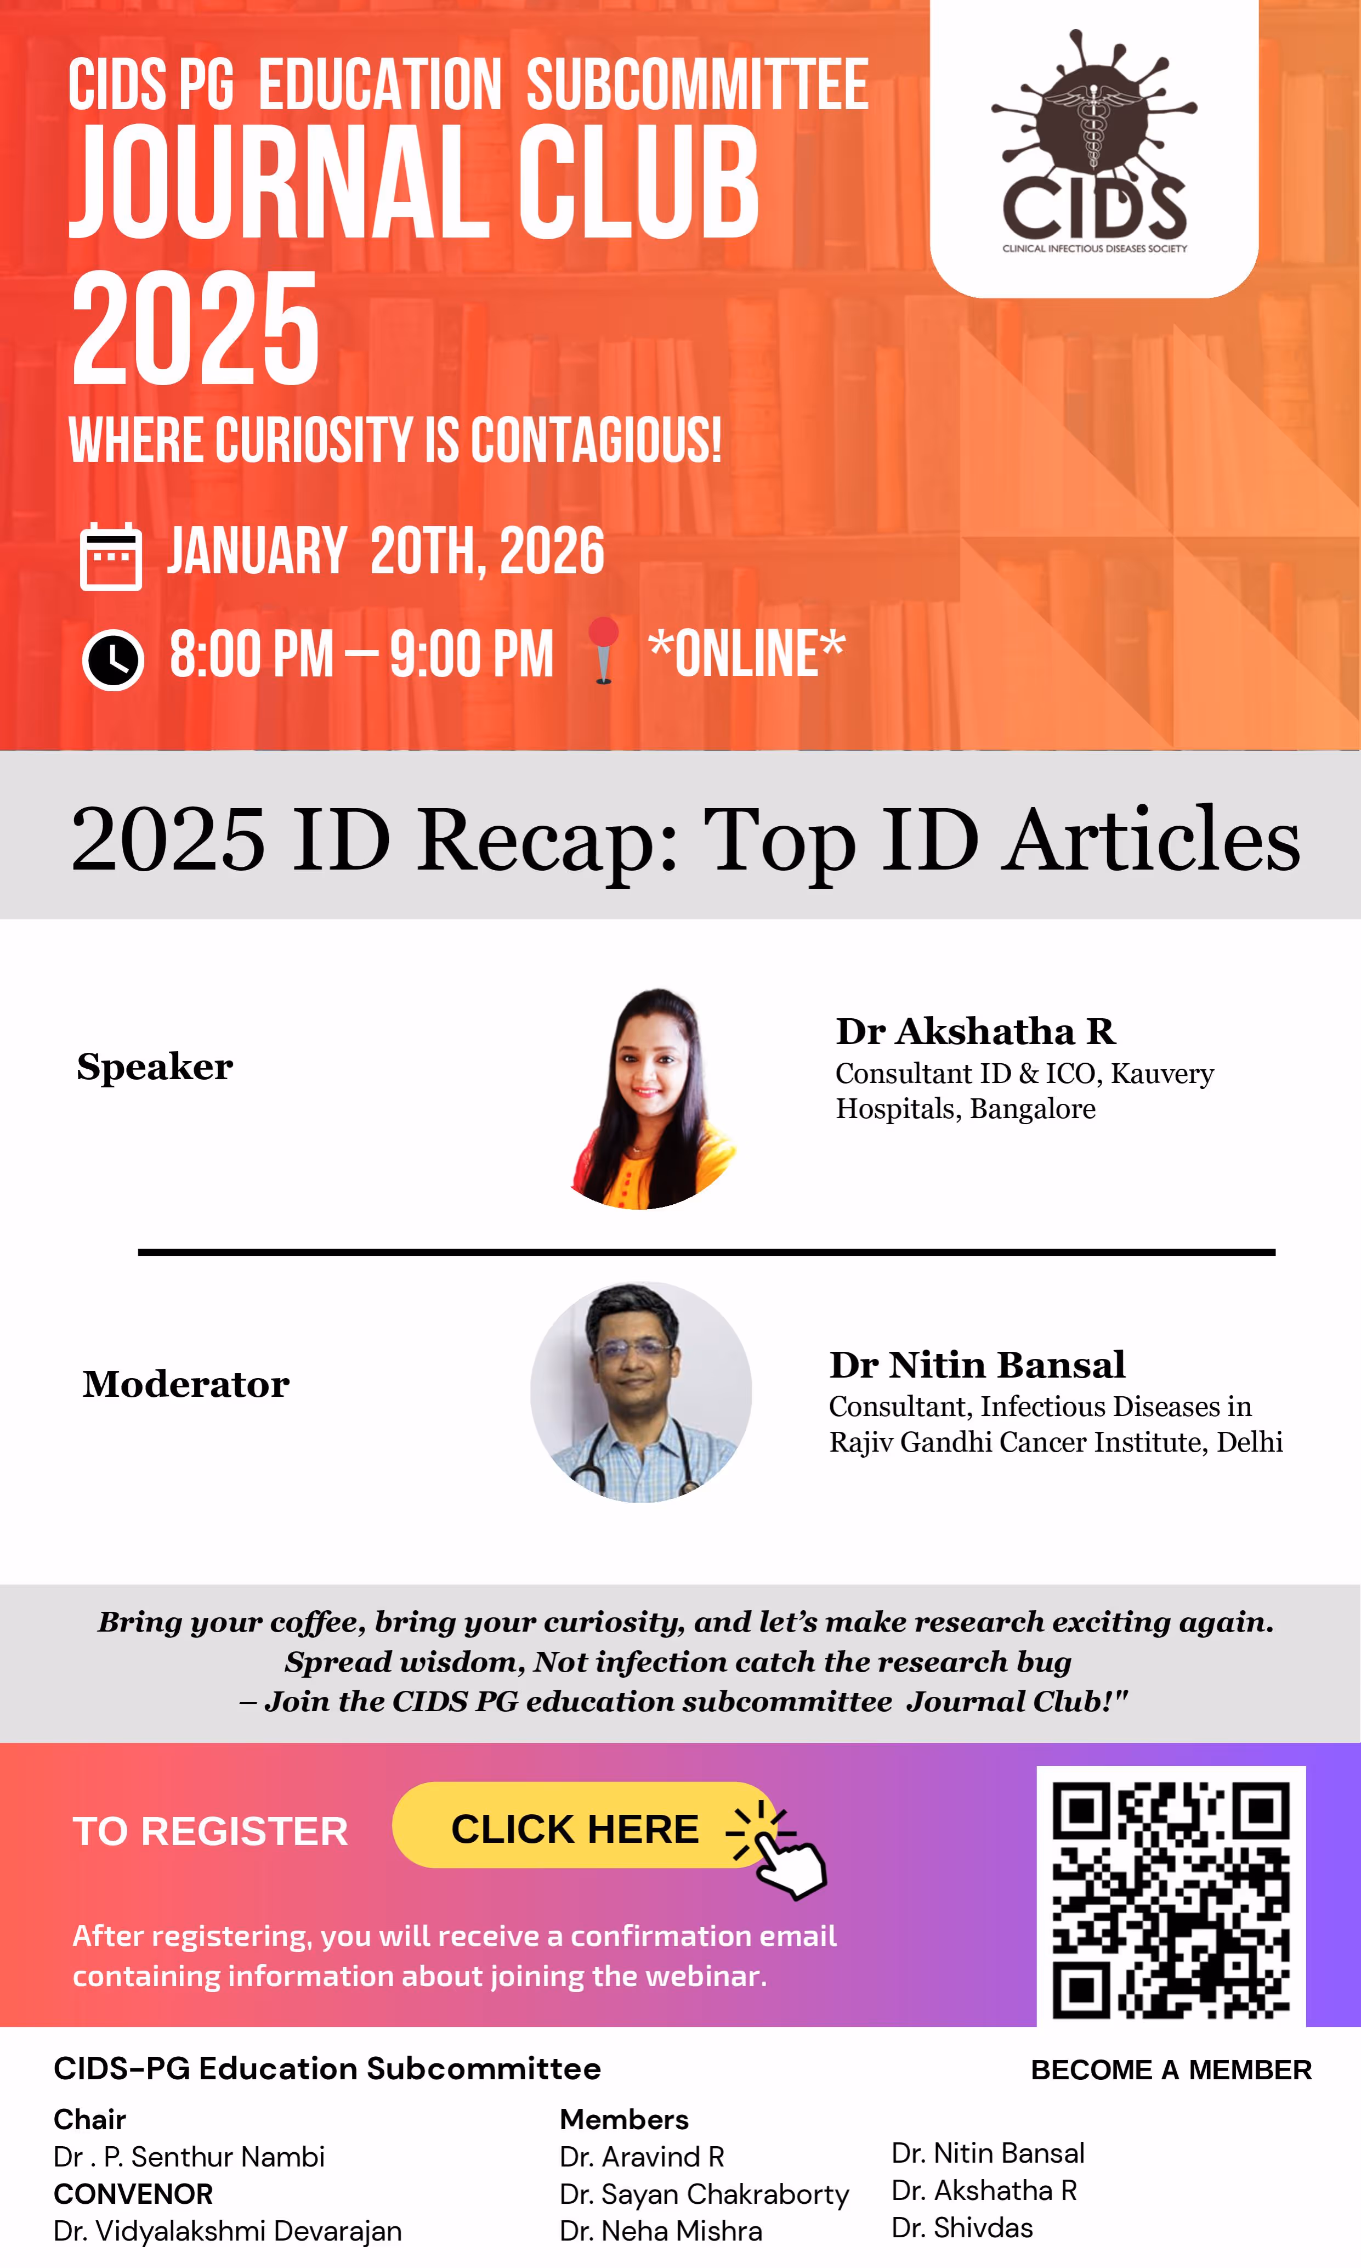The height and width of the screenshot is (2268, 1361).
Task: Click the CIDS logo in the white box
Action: click(1094, 142)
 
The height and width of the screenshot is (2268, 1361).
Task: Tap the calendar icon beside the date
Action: click(111, 556)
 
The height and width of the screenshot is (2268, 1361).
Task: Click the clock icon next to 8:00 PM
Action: click(113, 659)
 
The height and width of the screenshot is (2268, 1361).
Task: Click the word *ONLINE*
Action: click(746, 653)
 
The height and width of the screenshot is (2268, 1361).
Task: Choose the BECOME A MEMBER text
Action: click(1171, 2070)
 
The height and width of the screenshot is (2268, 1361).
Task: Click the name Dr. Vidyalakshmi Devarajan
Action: click(228, 2230)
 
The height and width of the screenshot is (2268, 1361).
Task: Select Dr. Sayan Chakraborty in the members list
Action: click(704, 2194)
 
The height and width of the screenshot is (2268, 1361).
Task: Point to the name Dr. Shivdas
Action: click(962, 2227)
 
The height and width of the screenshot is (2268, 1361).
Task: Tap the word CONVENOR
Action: click(133, 2194)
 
